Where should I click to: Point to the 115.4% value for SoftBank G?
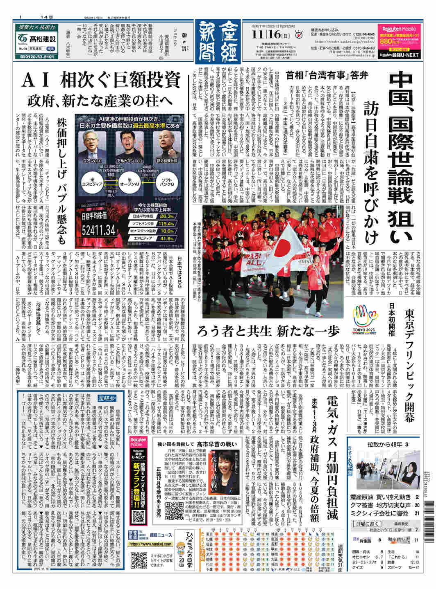pos(167,223)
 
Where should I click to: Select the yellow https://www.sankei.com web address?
pos(150,544)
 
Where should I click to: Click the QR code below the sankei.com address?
pos(139,560)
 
